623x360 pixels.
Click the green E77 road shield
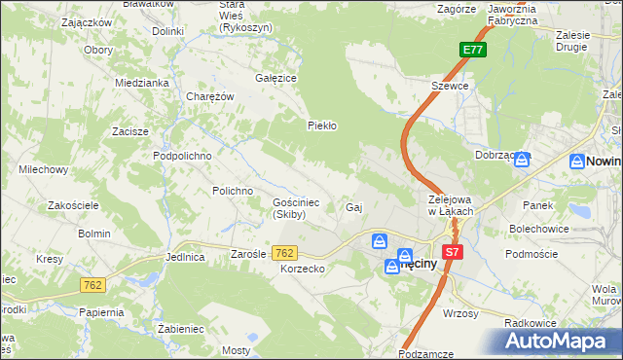pos(472,50)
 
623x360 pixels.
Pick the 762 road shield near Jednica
pos(92,285)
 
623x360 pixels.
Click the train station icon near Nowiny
pos(522,159)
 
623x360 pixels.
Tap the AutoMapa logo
pos(561,341)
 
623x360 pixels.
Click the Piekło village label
pos(321,126)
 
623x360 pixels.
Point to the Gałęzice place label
pos(275,77)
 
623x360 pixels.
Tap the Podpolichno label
pos(182,155)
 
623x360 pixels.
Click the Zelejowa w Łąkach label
pos(451,205)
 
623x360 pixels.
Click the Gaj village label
pos(354,207)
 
